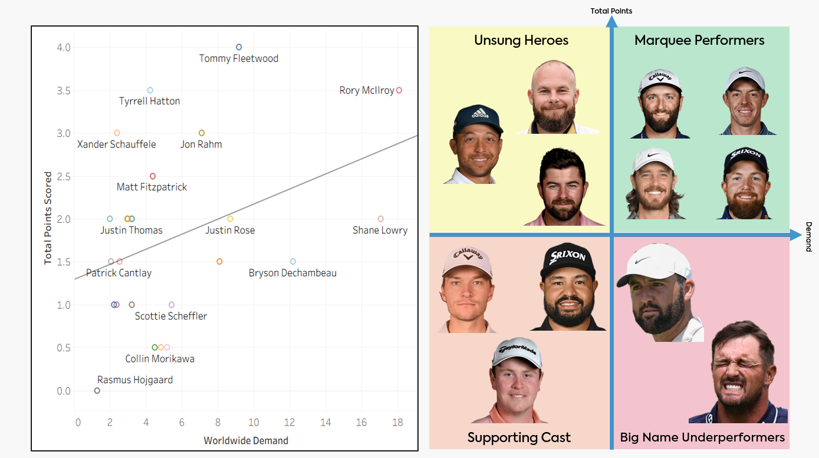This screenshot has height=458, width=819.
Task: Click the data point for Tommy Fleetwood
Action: (x=239, y=47)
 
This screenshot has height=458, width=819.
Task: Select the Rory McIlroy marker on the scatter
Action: (x=399, y=90)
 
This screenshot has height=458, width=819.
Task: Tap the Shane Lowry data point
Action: (x=380, y=219)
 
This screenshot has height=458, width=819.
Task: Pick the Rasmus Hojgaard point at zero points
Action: (x=97, y=391)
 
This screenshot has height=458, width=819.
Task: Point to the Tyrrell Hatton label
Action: (x=149, y=101)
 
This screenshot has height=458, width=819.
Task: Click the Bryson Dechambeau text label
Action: (x=292, y=273)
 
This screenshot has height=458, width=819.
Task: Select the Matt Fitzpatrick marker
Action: (x=153, y=176)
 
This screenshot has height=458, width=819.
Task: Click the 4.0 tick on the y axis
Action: (x=64, y=47)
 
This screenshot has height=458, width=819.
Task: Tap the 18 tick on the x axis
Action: (x=397, y=423)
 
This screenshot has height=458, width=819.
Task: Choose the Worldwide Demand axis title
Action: (x=246, y=440)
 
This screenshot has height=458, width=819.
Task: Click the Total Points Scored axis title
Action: (x=48, y=218)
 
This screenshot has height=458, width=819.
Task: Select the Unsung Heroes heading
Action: (x=521, y=40)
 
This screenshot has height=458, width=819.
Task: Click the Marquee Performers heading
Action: (x=699, y=40)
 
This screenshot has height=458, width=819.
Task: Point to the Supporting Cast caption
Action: (x=519, y=437)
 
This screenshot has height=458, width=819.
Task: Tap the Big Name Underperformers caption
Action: (x=702, y=437)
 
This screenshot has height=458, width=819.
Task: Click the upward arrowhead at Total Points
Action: (x=611, y=22)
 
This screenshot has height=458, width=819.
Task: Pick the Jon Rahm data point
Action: (x=202, y=133)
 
